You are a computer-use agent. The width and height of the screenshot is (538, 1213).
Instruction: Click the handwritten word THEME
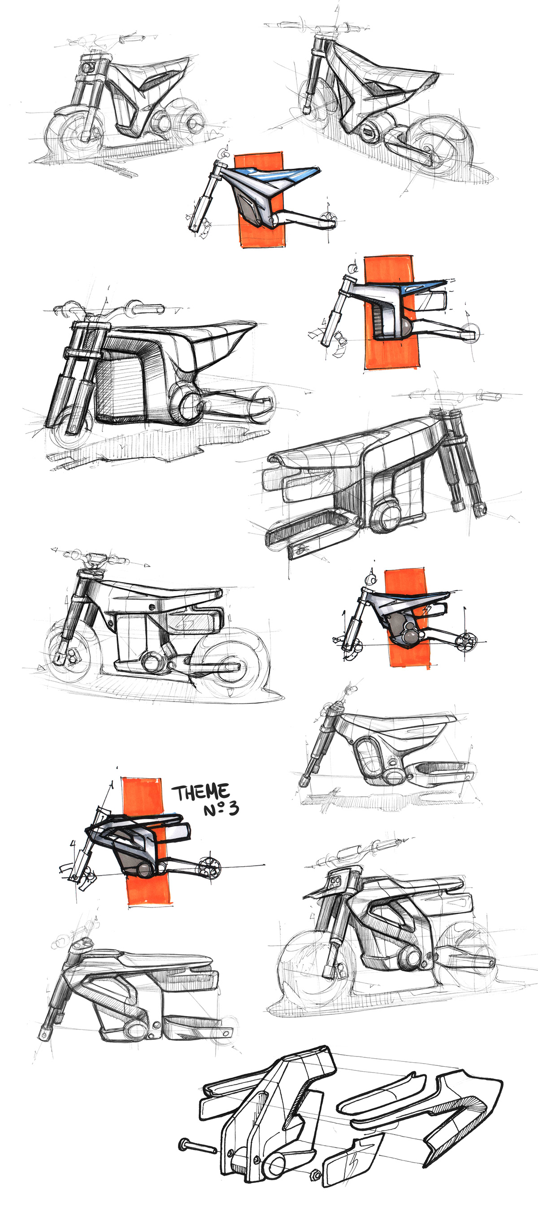click(200, 792)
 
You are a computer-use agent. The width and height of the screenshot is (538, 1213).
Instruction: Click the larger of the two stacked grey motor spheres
click(408, 637)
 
